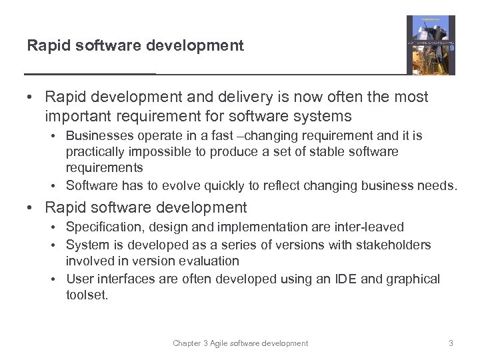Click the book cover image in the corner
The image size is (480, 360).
click(x=431, y=45)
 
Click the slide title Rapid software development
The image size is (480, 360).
click(x=135, y=45)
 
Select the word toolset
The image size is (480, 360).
click(x=86, y=295)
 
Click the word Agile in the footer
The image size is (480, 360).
click(x=220, y=343)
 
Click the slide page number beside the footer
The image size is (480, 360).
click(x=451, y=343)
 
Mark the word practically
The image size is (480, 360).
click(x=96, y=151)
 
